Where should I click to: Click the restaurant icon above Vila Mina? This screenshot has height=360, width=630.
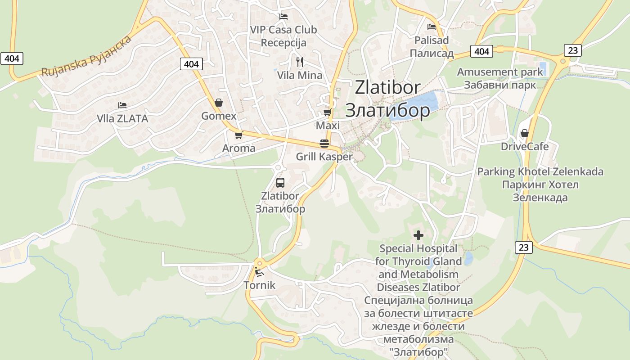pyautogui.click(x=300, y=62)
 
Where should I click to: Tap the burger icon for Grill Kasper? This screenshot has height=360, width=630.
pyautogui.click(x=324, y=144)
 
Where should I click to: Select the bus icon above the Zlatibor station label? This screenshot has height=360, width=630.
pyautogui.click(x=280, y=183)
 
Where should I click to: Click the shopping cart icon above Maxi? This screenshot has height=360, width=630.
pyautogui.click(x=327, y=112)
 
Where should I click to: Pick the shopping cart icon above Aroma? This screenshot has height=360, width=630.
pyautogui.click(x=238, y=135)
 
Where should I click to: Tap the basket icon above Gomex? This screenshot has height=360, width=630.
pyautogui.click(x=219, y=103)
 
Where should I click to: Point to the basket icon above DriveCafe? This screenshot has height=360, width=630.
pyautogui.click(x=524, y=133)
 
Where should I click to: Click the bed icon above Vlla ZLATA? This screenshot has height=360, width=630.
pyautogui.click(x=122, y=105)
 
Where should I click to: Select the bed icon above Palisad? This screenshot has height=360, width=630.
pyautogui.click(x=432, y=27)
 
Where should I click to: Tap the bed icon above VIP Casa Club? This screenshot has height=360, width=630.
pyautogui.click(x=283, y=16)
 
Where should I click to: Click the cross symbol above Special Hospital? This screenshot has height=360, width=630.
pyautogui.click(x=418, y=235)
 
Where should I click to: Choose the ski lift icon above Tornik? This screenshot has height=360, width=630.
pyautogui.click(x=259, y=271)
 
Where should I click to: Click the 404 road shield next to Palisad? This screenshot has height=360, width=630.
pyautogui.click(x=481, y=51)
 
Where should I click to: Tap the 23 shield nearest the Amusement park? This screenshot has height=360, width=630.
pyautogui.click(x=572, y=50)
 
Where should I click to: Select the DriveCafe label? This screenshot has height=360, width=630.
pyautogui.click(x=525, y=147)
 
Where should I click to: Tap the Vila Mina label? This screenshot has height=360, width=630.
pyautogui.click(x=300, y=75)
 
